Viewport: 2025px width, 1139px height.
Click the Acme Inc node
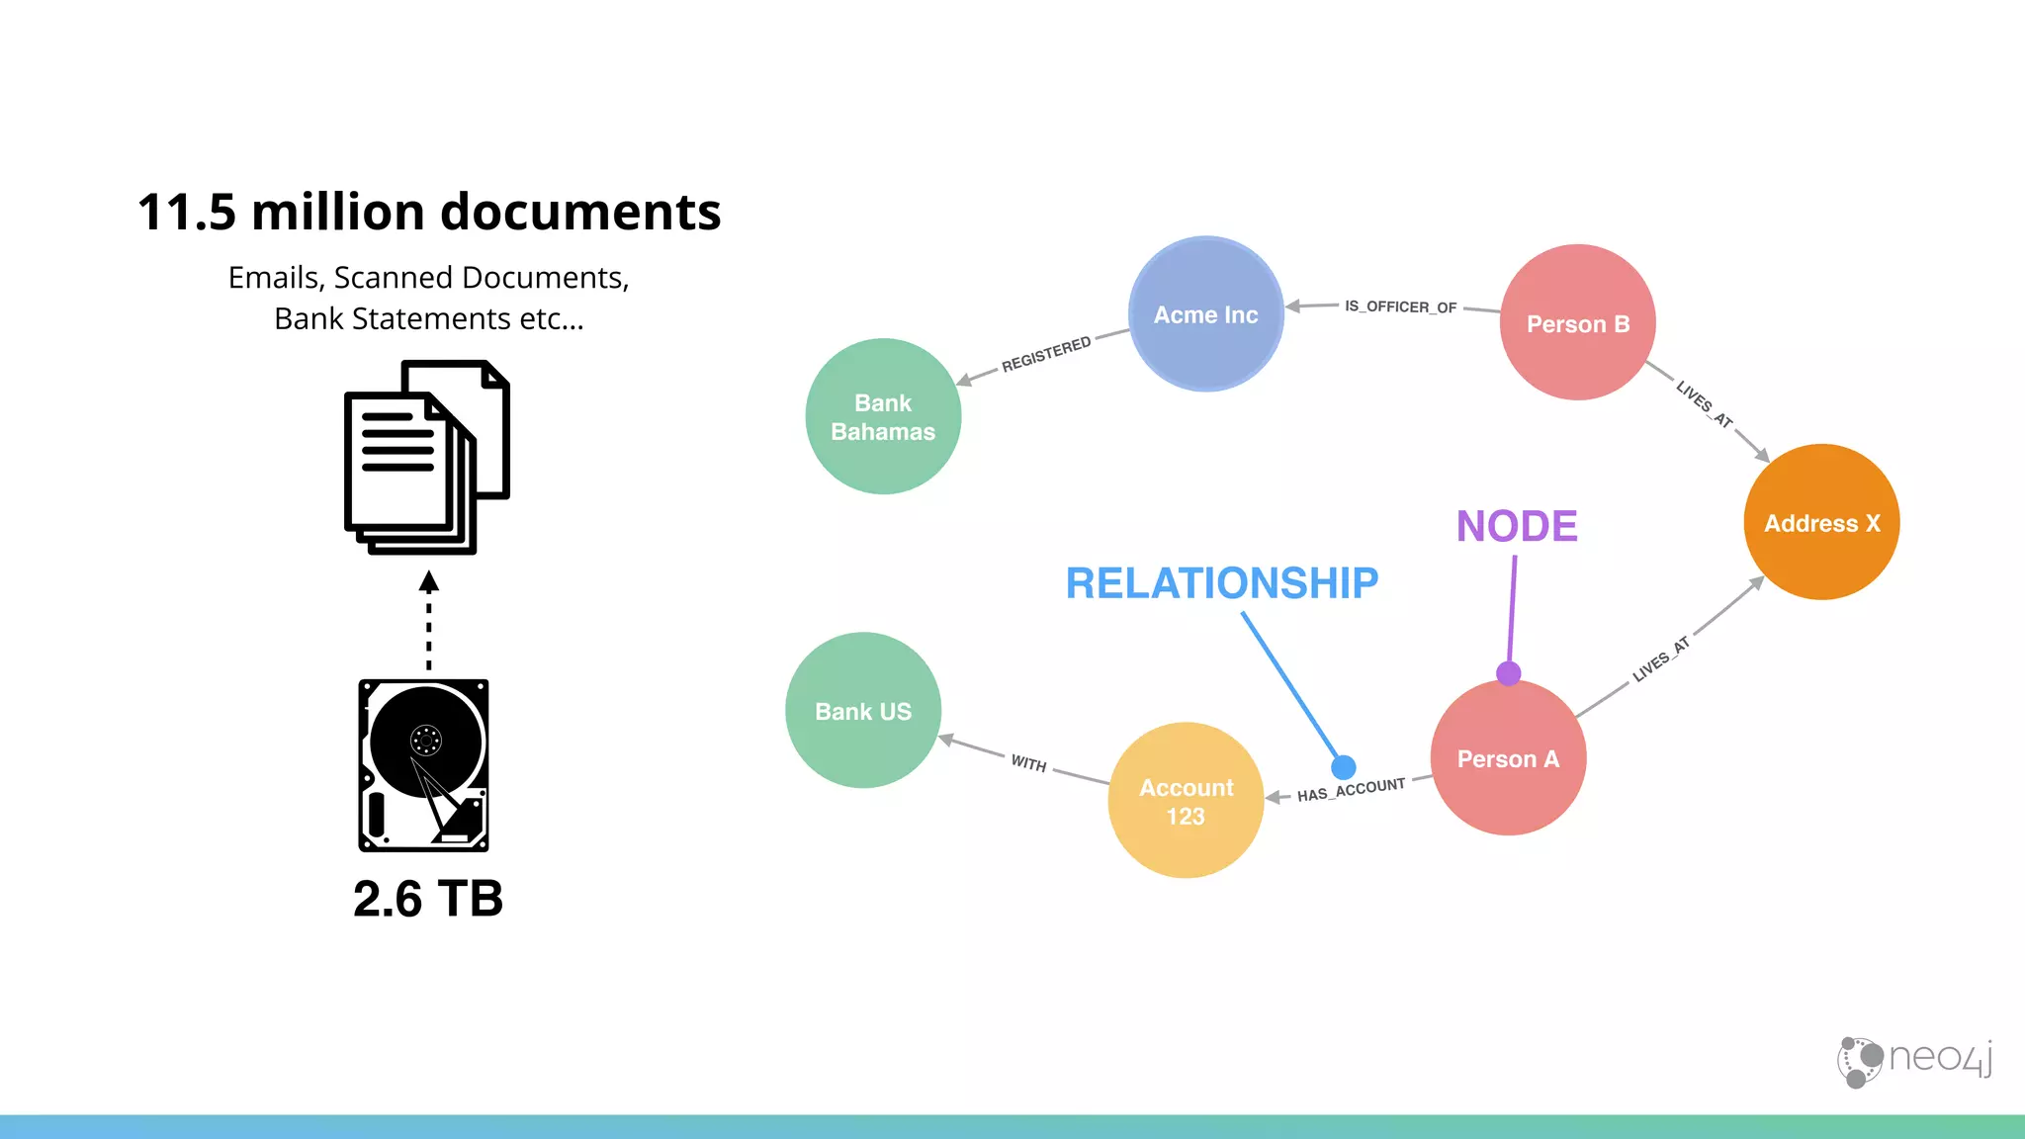(x=1205, y=314)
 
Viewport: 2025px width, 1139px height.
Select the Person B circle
(x=1577, y=323)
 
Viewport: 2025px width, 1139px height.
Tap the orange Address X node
(x=1821, y=523)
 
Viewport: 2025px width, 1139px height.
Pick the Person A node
(x=1508, y=759)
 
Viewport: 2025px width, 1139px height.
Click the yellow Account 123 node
(x=1186, y=801)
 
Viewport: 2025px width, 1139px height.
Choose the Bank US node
(x=863, y=711)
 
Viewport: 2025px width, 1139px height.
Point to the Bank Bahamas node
(x=883, y=417)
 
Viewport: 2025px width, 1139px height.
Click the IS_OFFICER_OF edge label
(x=1400, y=307)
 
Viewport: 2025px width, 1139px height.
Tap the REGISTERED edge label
(x=1046, y=353)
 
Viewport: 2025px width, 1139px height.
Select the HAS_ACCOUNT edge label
(x=1351, y=790)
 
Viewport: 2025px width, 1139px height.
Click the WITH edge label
(x=1028, y=763)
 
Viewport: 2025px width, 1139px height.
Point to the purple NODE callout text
(x=1517, y=526)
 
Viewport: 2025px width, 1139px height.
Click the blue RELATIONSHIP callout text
(x=1221, y=583)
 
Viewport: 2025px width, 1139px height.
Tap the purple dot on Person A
(x=1508, y=674)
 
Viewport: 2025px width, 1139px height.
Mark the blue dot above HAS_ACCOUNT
(x=1343, y=766)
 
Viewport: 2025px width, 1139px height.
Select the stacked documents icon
(x=426, y=457)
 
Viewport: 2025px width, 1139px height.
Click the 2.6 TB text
(x=428, y=899)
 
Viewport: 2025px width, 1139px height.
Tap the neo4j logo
(x=1914, y=1061)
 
